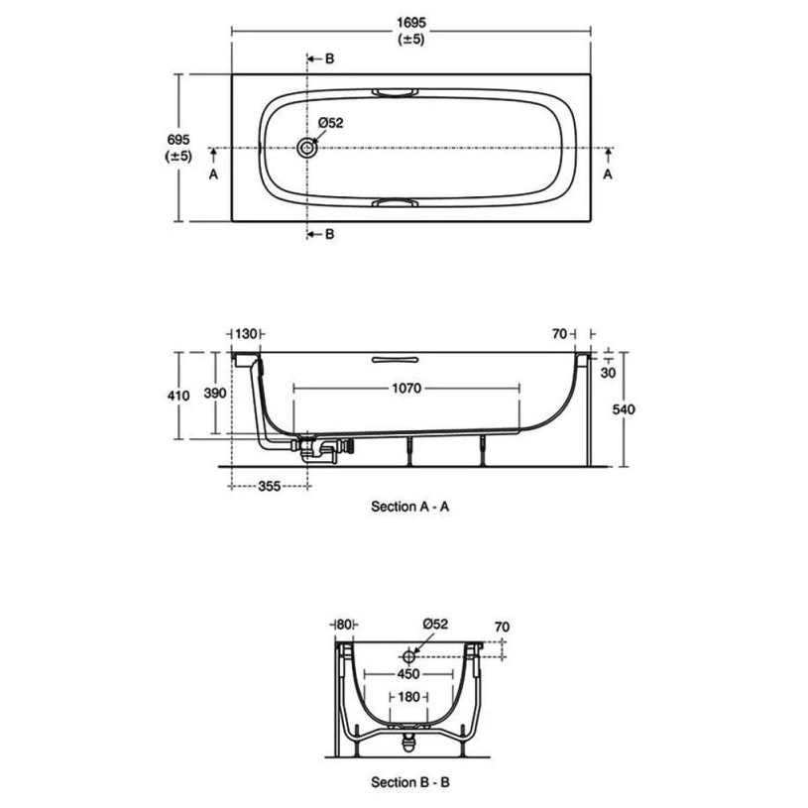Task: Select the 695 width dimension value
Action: [178, 140]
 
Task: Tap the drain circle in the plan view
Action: [308, 148]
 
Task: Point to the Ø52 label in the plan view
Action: [330, 123]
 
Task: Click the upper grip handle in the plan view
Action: [395, 92]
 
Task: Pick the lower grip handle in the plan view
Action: [395, 203]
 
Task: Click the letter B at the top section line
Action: [330, 59]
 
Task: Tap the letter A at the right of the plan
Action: [609, 173]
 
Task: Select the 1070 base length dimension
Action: [407, 390]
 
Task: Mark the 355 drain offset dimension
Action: [269, 486]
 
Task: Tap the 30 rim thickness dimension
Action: [608, 372]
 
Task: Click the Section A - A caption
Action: [410, 506]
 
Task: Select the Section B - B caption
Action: [410, 782]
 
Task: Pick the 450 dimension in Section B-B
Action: [408, 671]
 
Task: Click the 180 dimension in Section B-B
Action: [407, 698]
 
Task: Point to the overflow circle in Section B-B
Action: [407, 656]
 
